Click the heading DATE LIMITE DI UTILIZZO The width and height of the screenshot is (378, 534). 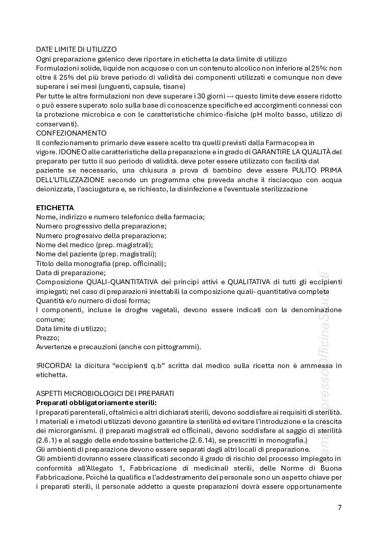coord(76,49)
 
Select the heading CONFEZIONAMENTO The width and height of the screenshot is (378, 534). coord(71,133)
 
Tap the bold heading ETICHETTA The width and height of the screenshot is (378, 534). coord(55,208)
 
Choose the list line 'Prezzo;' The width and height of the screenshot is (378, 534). coord(48,338)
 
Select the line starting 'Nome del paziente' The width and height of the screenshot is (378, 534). coord(96,254)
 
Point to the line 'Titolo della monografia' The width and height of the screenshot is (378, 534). coord(101,263)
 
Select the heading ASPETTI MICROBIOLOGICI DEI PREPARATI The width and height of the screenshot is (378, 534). coord(105,393)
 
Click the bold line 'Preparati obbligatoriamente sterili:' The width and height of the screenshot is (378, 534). coord(100,403)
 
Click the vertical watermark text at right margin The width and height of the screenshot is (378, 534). coord(324,371)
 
